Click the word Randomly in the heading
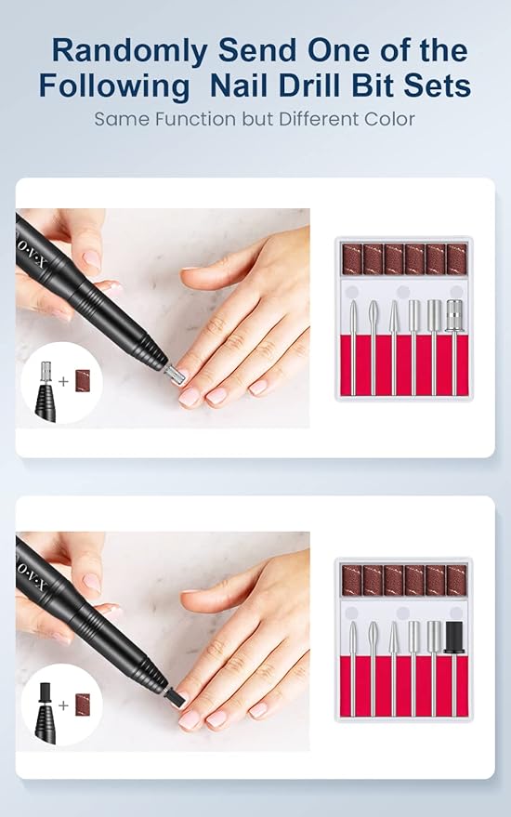click(130, 51)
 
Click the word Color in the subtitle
click(389, 119)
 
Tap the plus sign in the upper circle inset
click(63, 381)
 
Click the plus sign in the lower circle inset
click(63, 705)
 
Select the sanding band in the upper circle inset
click(83, 381)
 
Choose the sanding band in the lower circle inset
click(83, 705)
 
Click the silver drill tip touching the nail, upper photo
click(175, 374)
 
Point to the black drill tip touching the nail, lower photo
click(175, 698)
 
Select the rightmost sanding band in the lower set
click(456, 580)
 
